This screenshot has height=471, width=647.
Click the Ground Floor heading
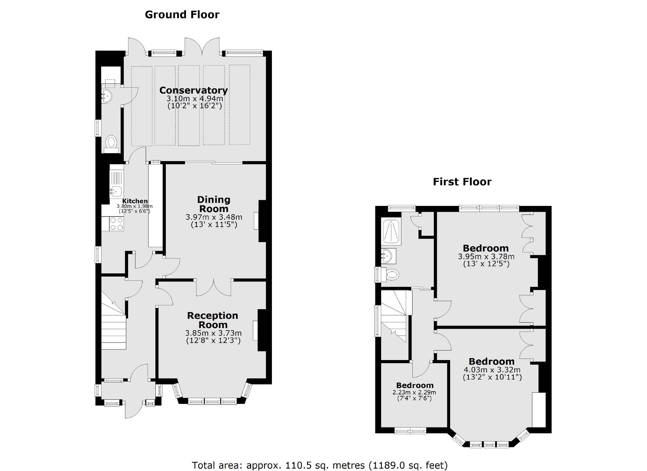pyautogui.click(x=182, y=15)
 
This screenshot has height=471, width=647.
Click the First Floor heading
pyautogui.click(x=462, y=182)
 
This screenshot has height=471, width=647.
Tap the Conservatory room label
pyautogui.click(x=193, y=90)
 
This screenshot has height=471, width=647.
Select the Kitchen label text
pyautogui.click(x=135, y=201)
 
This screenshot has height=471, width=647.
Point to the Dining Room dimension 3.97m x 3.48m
pyautogui.click(x=214, y=217)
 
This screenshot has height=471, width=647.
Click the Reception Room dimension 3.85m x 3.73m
pyautogui.click(x=213, y=333)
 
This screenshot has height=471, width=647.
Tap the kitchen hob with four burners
pyautogui.click(x=116, y=224)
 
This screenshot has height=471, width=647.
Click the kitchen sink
pyautogui.click(x=116, y=191)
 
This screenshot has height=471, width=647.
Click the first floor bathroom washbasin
pyautogui.click(x=388, y=256)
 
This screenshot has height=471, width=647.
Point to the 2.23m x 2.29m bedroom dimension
pyautogui.click(x=414, y=392)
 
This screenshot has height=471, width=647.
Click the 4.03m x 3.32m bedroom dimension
pyautogui.click(x=492, y=370)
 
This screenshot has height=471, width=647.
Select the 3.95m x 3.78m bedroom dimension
pyautogui.click(x=486, y=256)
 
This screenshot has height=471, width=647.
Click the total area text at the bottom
pyautogui.click(x=320, y=465)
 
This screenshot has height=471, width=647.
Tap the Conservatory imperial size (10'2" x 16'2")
pyautogui.click(x=195, y=106)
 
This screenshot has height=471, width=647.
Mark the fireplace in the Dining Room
pyautogui.click(x=256, y=221)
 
